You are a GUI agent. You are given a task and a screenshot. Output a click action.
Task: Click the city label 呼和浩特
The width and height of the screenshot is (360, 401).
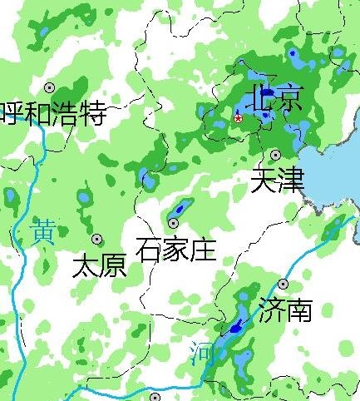point(54,112)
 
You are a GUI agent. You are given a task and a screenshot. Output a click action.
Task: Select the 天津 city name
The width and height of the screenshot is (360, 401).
point(277,181)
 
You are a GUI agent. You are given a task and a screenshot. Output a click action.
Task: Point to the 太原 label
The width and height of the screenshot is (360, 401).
point(99,265)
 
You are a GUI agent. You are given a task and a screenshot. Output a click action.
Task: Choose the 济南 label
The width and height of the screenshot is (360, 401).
point(285,310)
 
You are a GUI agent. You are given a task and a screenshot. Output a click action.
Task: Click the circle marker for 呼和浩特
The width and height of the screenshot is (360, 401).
point(50,87)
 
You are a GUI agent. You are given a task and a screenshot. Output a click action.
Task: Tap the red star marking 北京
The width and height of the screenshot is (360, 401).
point(238,118)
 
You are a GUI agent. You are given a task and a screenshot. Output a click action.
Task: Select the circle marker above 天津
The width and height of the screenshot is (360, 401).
point(275,155)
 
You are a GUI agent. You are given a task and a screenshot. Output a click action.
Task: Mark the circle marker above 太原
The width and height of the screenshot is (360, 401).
point(97,239)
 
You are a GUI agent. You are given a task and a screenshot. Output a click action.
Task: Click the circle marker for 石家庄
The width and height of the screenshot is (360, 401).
point(174,223)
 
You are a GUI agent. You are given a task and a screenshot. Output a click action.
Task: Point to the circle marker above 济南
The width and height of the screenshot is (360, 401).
point(283,285)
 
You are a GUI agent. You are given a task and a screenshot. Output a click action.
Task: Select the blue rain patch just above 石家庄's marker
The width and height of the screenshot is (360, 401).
point(181,205)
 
